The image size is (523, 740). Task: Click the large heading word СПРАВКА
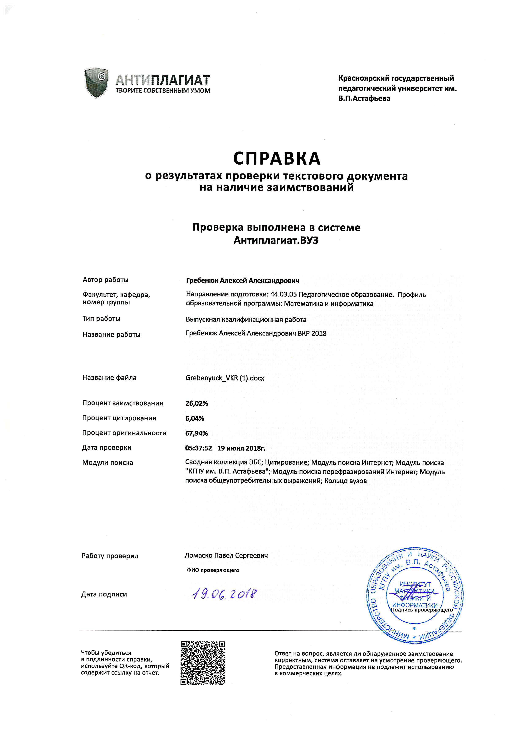pos(277,159)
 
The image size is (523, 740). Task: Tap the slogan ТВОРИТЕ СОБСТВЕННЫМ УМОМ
pos(163,91)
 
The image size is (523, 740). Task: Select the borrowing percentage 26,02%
pos(197,403)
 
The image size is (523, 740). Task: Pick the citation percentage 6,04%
pos(194,418)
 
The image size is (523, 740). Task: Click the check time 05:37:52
pos(198,448)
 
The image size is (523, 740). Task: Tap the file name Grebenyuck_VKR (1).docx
pos(225,378)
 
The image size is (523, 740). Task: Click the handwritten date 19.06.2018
pos(224,594)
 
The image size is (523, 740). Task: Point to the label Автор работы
pos(106,280)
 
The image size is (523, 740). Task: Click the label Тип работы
pos(101,319)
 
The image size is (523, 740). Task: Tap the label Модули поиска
pos(108,463)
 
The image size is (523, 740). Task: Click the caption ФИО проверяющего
pos(213,570)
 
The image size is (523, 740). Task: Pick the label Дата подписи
pos(104,594)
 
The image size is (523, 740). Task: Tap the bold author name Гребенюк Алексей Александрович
pos(243,281)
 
